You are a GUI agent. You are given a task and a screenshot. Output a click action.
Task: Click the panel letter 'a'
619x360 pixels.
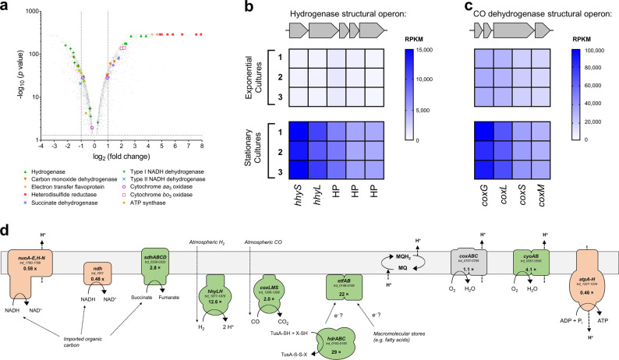coord(5,7)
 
